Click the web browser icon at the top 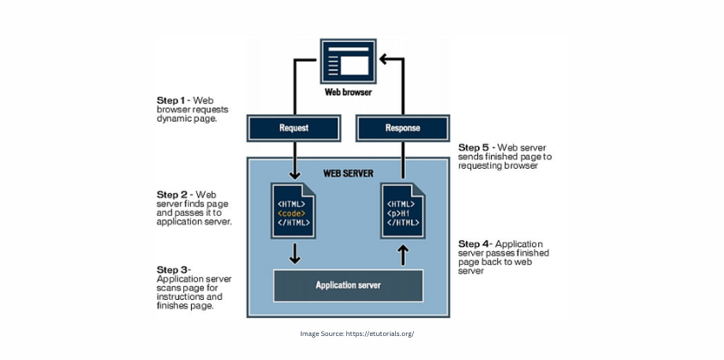(348, 61)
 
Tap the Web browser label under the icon (348, 92)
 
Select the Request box (293, 128)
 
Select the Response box (403, 128)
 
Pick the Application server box (348, 285)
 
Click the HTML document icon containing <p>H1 (403, 210)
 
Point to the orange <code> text (291, 211)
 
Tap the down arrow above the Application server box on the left (293, 253)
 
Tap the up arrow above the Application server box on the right (403, 253)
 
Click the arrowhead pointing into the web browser (384, 59)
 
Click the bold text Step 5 (475, 147)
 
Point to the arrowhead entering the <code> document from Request (293, 174)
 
